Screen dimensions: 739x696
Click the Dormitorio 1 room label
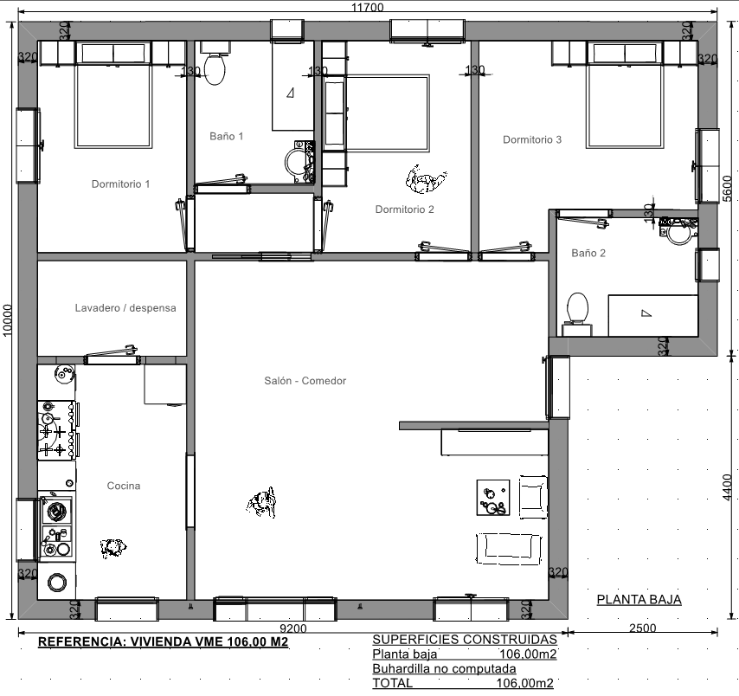coord(120,184)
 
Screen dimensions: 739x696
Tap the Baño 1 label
coord(226,136)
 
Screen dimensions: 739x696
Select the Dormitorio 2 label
coord(404,209)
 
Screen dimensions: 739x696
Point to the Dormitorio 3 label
coord(532,139)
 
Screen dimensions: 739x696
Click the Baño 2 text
coord(588,254)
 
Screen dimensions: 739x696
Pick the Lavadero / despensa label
coord(125,308)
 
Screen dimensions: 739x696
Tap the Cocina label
coord(124,486)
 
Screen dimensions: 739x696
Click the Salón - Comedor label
coord(305,381)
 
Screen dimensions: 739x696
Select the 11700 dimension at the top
coord(368,7)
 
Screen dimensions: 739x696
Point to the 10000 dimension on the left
coord(7,320)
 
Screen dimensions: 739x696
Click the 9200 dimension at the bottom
coord(293,628)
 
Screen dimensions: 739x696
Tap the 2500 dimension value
coord(643,628)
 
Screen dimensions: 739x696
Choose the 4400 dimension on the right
coord(727,487)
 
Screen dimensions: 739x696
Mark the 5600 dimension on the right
coord(727,188)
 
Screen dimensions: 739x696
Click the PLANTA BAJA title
coord(639,599)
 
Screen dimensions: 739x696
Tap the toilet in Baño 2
coord(577,314)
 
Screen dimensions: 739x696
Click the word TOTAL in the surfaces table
coord(393,683)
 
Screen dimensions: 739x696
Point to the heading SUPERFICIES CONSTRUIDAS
coord(465,640)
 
